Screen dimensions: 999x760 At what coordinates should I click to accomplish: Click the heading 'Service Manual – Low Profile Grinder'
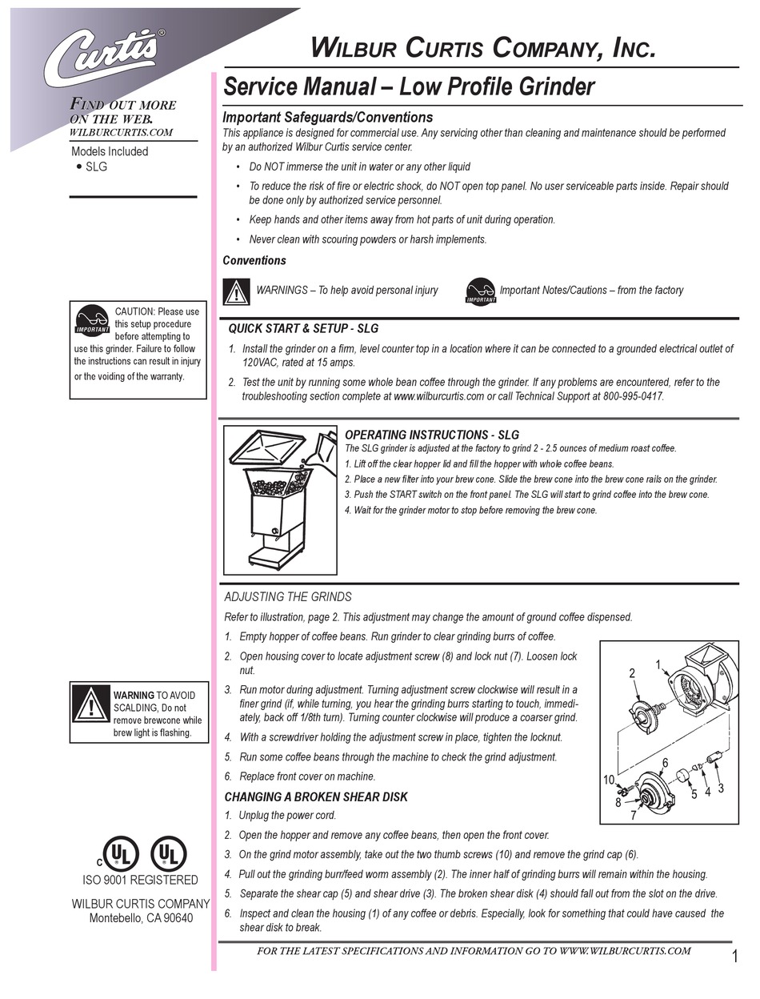pyautogui.click(x=408, y=86)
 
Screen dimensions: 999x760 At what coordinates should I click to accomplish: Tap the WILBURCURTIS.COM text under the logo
pyautogui.click(x=122, y=132)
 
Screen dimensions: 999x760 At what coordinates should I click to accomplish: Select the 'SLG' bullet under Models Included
pyautogui.click(x=96, y=166)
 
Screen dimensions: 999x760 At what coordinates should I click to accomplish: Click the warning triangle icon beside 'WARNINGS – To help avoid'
pyautogui.click(x=234, y=291)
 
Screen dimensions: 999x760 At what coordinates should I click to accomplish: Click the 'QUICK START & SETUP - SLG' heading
pyautogui.click(x=303, y=328)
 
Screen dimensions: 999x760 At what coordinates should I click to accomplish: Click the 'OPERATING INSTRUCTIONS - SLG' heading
pyautogui.click(x=431, y=435)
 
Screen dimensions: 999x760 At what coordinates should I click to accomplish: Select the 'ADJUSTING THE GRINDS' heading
pyautogui.click(x=287, y=596)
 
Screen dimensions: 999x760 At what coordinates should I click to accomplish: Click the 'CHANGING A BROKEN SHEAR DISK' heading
pyautogui.click(x=315, y=796)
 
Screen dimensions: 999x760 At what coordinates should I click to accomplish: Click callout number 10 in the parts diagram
pyautogui.click(x=609, y=780)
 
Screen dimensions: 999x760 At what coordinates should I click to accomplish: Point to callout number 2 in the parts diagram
pyautogui.click(x=632, y=673)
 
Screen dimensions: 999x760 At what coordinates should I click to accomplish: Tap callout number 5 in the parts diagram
pyautogui.click(x=694, y=793)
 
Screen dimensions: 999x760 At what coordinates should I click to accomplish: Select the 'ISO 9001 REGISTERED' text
pyautogui.click(x=140, y=880)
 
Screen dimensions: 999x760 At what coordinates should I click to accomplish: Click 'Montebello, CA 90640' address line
pyautogui.click(x=140, y=918)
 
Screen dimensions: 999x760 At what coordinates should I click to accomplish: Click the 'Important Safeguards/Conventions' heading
pyautogui.click(x=327, y=117)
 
